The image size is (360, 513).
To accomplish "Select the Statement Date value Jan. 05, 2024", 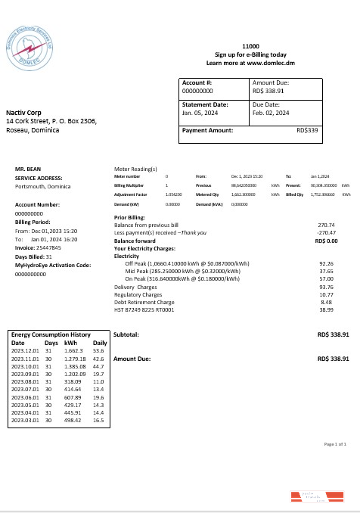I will coord(200,113).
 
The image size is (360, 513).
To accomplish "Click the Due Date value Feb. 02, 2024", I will coord(271,113).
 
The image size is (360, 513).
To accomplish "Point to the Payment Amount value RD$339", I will coord(308,130).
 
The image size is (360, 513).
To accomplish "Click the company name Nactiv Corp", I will coord(23,113).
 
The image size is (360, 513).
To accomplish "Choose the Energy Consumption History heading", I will coord(51,334).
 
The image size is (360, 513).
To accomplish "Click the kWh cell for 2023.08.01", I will coord(74,383).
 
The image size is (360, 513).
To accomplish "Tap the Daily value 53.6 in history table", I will coord(98,350).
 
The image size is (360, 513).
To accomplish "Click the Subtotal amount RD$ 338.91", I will coord(333,334).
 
